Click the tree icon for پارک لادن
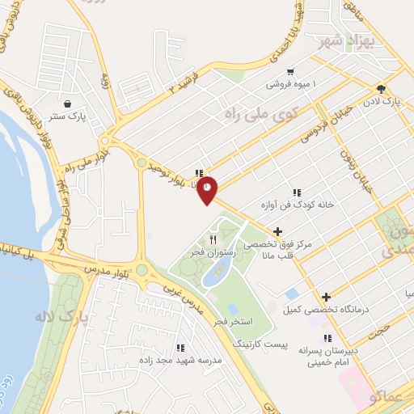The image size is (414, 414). tap(381, 90)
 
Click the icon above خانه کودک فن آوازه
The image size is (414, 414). tap(297, 192)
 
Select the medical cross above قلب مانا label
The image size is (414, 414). tap(278, 231)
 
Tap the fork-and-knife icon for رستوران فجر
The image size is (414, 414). tap(213, 239)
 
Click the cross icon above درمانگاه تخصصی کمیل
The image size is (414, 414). tap(326, 298)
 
